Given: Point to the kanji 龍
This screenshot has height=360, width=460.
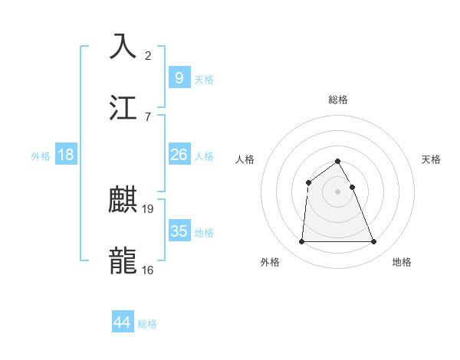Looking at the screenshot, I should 124,260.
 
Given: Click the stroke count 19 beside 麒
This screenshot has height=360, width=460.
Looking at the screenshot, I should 148,208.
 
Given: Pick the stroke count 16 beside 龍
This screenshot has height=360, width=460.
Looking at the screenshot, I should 148,270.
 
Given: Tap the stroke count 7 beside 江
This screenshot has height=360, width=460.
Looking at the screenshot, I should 148,116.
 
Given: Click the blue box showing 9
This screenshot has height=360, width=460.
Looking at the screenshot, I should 179,77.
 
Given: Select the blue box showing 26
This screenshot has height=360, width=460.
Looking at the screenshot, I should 179,154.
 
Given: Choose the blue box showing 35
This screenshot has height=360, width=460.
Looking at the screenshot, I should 179,231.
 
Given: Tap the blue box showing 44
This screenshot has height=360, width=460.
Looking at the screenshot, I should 123,322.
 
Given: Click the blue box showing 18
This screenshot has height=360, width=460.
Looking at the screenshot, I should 66,154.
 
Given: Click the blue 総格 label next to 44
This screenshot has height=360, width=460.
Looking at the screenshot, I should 147,324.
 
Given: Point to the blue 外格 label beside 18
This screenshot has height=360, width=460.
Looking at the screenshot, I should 41,155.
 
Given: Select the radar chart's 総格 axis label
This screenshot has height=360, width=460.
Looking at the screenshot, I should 338,100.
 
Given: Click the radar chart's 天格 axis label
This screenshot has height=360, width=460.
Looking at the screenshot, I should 432,159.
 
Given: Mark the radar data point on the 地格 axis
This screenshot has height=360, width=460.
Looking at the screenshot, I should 374,242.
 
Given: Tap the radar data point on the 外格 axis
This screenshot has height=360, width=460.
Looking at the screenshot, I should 301,242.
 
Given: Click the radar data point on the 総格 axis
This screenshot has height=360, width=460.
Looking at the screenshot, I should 338,161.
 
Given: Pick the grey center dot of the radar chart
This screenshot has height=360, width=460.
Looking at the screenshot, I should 338,191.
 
